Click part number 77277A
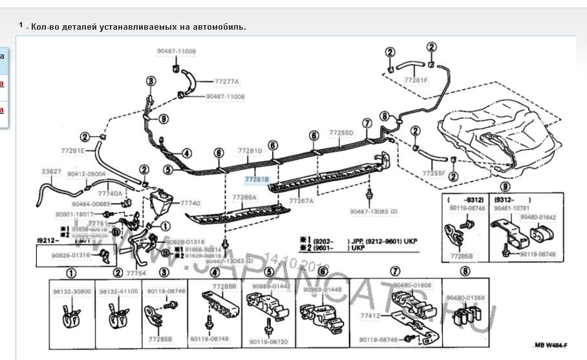(x=227, y=82)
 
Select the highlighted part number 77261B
(x=257, y=180)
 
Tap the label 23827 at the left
(x=52, y=171)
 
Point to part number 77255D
(x=341, y=132)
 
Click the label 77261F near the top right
(x=416, y=80)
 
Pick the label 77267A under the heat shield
(x=301, y=201)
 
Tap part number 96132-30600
(x=73, y=291)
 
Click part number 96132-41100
(x=118, y=291)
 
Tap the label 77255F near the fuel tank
(x=434, y=173)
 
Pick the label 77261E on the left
(x=73, y=151)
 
